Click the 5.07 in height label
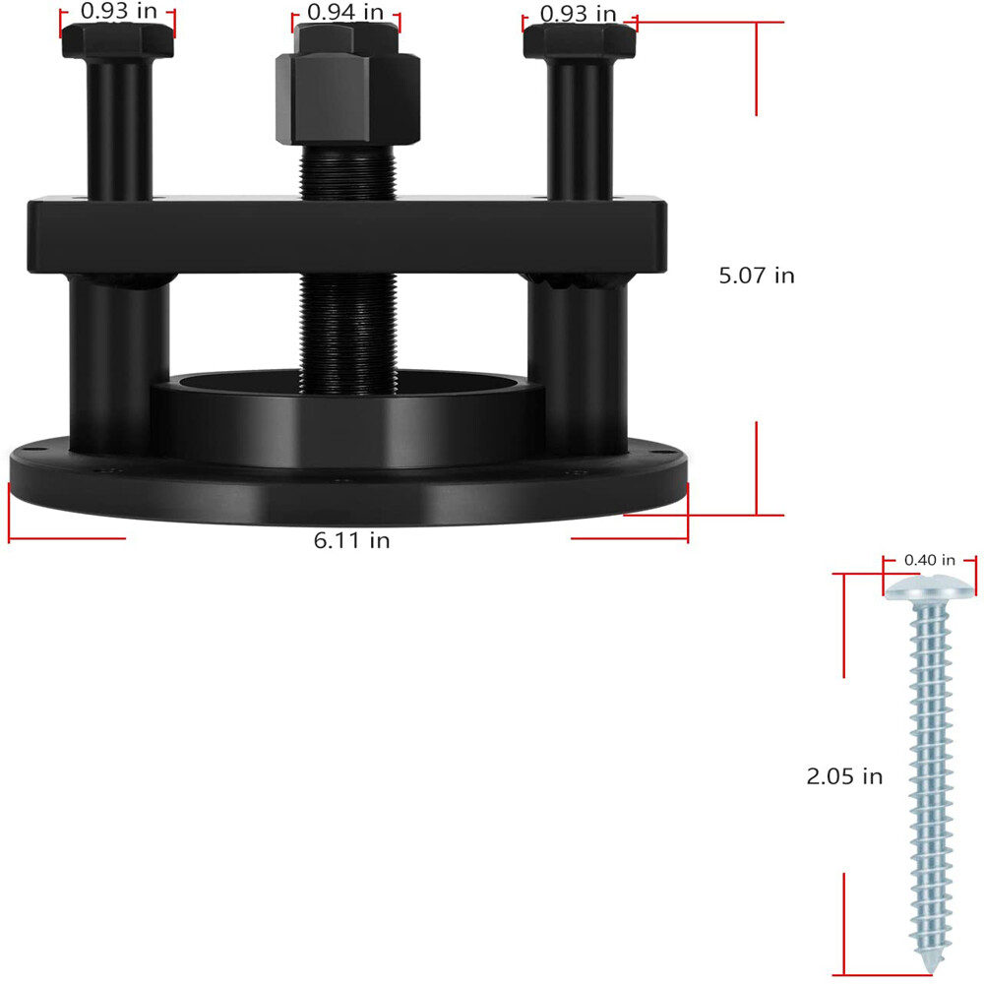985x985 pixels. pos(757,276)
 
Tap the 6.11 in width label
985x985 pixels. pos(352,540)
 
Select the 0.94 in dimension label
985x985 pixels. pos(345,12)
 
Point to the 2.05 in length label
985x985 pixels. pos(844,776)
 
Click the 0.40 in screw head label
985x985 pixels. pos(930,560)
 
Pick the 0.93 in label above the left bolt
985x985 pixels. pos(119,11)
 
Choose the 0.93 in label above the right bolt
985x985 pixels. pos(578,14)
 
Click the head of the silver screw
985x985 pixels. pos(930,588)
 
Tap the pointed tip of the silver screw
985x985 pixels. pos(931,971)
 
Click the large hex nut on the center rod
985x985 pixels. pos(347,98)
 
